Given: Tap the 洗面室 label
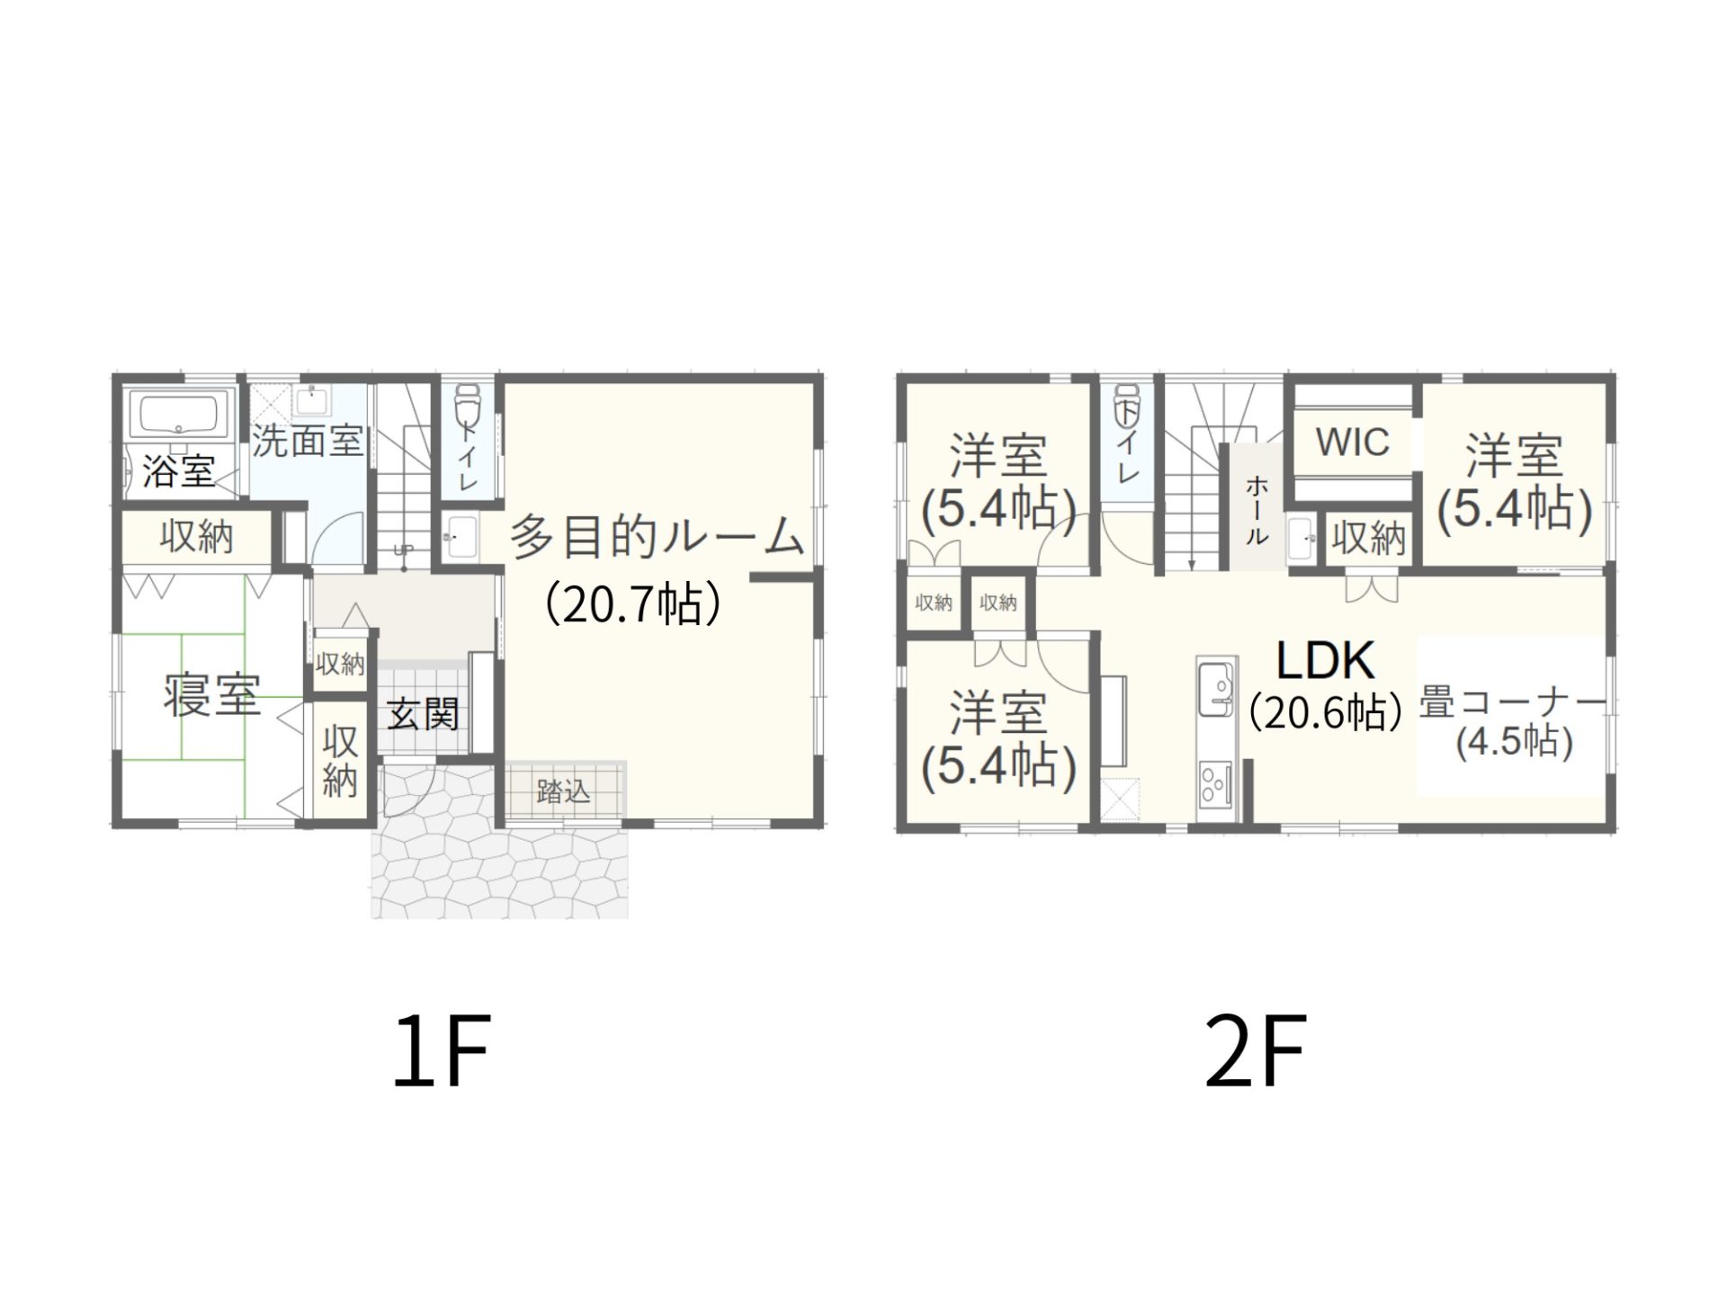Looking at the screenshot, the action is [x=307, y=441].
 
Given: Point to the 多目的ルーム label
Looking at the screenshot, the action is [x=657, y=537].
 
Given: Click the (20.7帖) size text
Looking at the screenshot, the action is [x=632, y=603].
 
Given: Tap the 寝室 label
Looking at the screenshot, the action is [x=212, y=694].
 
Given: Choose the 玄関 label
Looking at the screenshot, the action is [x=423, y=714].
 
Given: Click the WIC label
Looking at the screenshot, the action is [x=1352, y=442].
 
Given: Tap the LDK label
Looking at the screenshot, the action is [x=1325, y=661].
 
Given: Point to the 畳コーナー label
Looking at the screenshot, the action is [x=1512, y=702].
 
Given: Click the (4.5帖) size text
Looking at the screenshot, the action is [x=1514, y=743].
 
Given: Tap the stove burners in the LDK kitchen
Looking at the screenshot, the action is [x=1215, y=783].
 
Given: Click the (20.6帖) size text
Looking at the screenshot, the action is [x=1326, y=713].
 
